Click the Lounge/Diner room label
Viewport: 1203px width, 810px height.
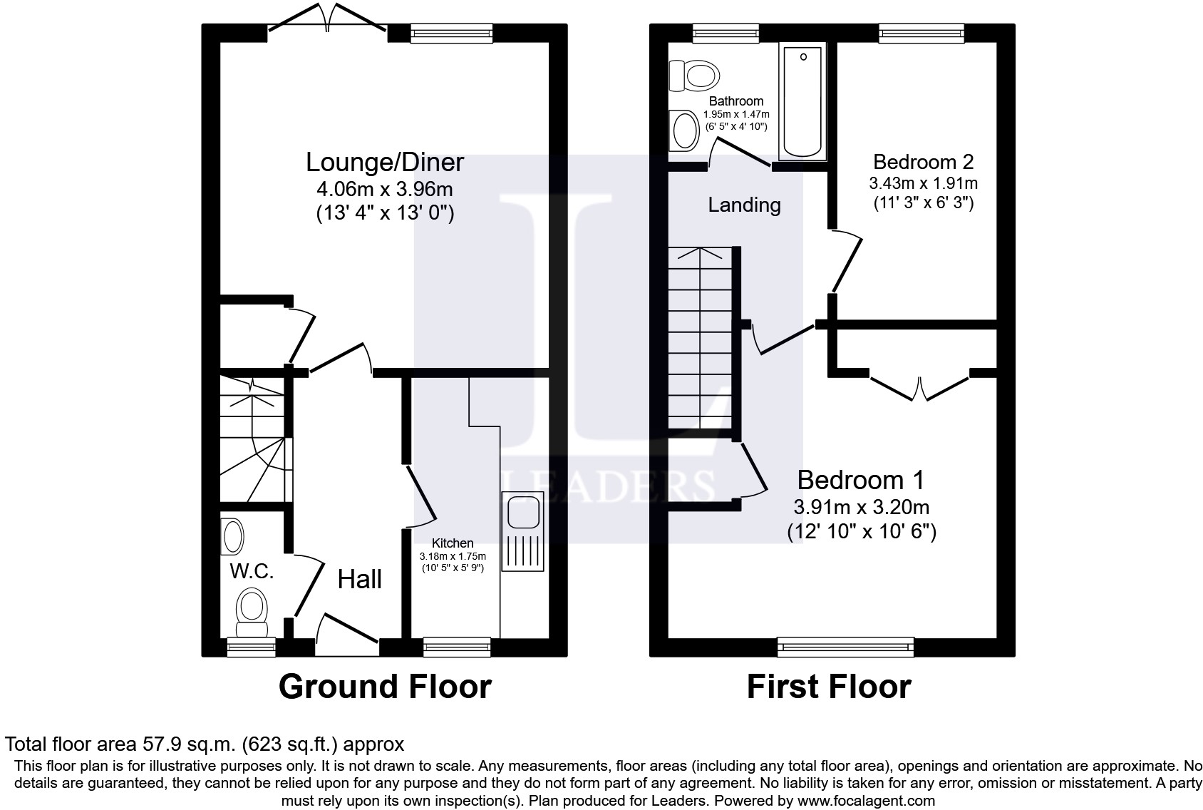coord(385,163)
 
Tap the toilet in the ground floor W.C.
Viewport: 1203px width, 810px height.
coord(251,612)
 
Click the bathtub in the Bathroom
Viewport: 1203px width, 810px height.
coord(803,100)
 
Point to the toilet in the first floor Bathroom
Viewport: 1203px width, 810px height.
coord(694,75)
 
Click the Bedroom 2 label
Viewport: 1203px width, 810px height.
coord(923,161)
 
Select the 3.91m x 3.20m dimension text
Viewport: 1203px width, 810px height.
coord(861,508)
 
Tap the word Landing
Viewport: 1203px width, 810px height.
coord(744,205)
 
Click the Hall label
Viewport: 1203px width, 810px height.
coord(359,579)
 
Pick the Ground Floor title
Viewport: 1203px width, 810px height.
coord(385,687)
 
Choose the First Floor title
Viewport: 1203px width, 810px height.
coord(829,687)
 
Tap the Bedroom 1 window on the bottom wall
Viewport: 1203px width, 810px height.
coord(845,647)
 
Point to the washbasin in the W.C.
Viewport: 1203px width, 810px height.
coord(232,536)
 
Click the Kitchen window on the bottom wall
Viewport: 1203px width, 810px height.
coord(457,647)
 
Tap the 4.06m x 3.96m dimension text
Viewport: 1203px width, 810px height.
coord(385,190)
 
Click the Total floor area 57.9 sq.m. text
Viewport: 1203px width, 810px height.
coord(205,744)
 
